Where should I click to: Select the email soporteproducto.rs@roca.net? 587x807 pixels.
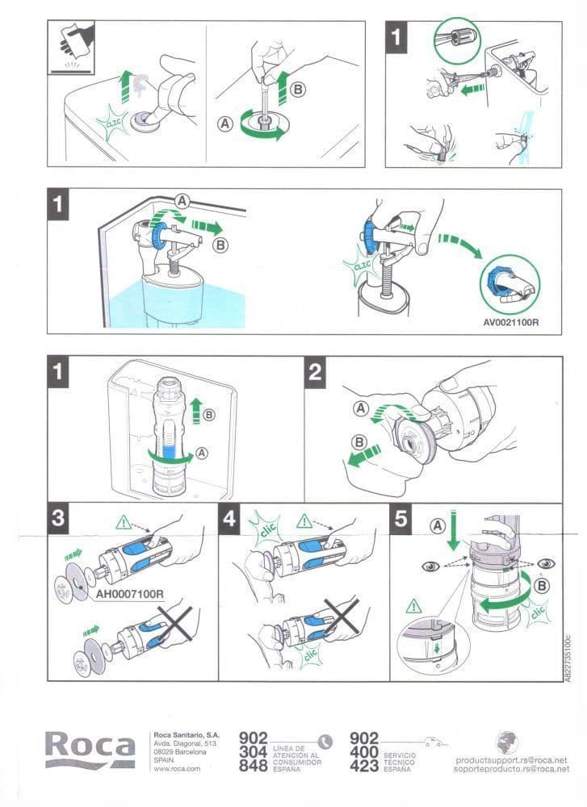click(x=511, y=769)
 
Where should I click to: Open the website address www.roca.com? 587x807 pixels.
click(x=176, y=768)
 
